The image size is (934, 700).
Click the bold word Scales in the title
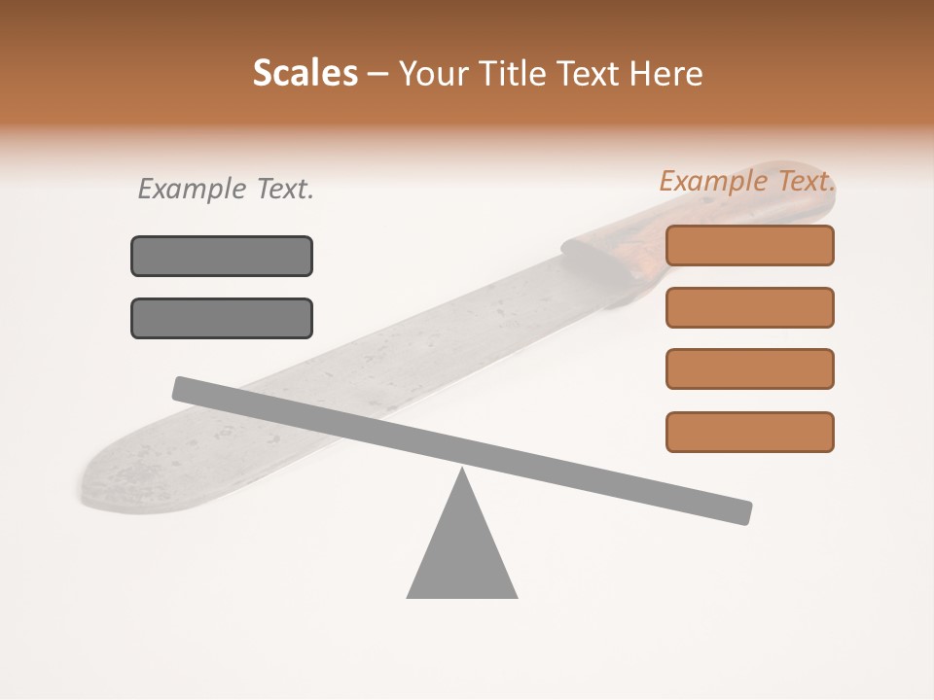pos(305,74)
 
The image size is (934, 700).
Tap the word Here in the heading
pos(666,74)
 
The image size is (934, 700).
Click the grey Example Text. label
pos(226,189)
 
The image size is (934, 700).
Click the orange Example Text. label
pos(747,181)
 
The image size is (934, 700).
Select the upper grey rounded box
pos(222,256)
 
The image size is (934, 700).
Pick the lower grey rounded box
pos(222,318)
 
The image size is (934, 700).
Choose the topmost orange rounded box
pos(750,245)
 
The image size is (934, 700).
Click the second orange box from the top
pos(750,307)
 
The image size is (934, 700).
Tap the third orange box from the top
pos(750,368)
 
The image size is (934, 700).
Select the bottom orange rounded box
pos(750,432)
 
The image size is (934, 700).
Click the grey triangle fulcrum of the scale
pos(462,554)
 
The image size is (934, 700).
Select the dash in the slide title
pos(377,74)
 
